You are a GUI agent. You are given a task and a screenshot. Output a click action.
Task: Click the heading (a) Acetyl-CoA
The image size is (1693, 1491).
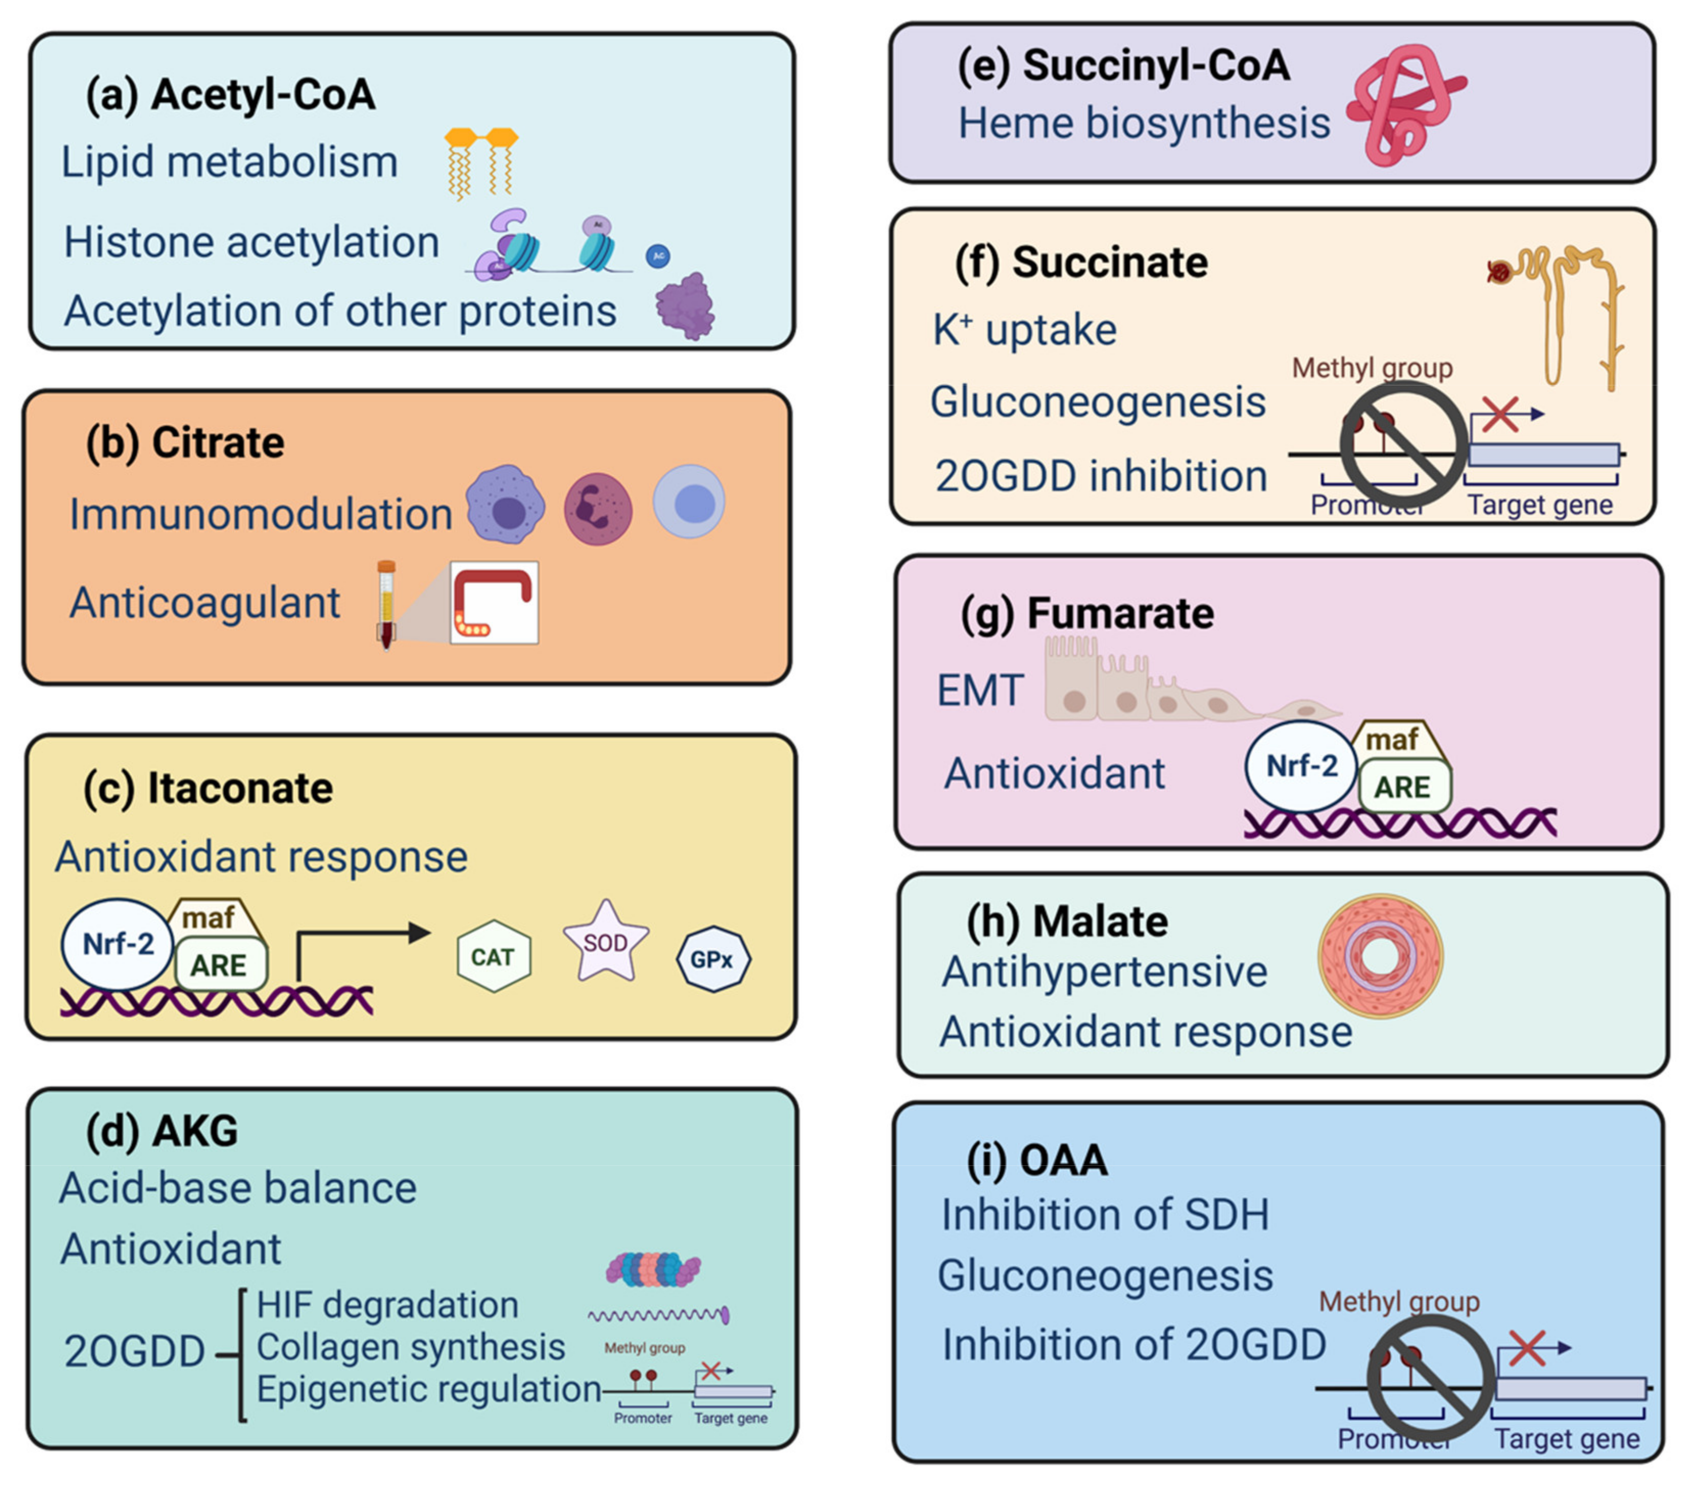(230, 95)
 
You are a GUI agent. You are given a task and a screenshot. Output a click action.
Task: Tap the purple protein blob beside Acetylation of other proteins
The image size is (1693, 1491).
(685, 307)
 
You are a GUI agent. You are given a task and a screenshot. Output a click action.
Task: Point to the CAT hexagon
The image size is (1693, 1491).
(494, 957)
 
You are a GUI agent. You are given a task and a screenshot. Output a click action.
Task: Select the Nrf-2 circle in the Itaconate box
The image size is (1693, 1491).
(118, 944)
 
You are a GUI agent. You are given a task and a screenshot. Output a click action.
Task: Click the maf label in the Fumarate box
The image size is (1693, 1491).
(1393, 739)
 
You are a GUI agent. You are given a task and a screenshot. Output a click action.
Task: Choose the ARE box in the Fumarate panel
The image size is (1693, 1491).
(1404, 787)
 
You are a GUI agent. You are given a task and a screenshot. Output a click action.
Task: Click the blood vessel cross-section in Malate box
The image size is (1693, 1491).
(1380, 957)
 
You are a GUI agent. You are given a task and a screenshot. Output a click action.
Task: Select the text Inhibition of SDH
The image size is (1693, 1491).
(1105, 1215)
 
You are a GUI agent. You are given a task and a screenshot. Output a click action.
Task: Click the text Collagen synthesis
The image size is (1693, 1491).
(411, 1347)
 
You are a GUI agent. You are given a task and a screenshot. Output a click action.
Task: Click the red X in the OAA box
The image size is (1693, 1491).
(1526, 1348)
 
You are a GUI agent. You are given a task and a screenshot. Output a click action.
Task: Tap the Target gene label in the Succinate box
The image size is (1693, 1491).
(1541, 504)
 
